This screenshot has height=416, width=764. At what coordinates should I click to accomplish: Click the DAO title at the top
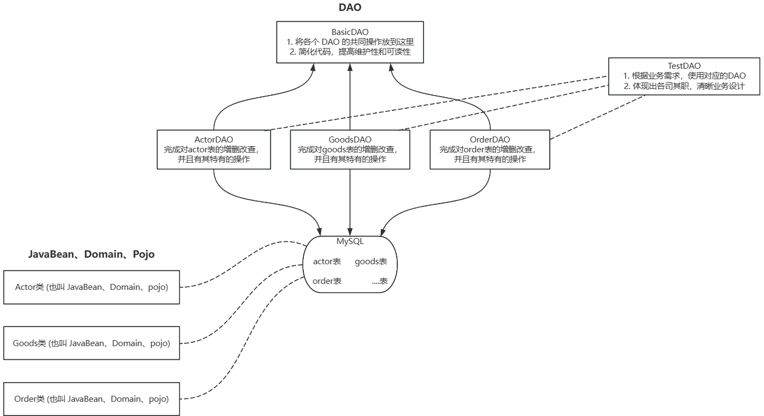click(350, 8)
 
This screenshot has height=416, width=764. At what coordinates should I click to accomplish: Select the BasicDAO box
click(350, 41)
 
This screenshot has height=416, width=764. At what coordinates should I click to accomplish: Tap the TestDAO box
click(684, 76)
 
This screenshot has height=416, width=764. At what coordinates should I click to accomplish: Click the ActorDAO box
click(214, 150)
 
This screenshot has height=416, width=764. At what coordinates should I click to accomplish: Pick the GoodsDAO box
click(350, 150)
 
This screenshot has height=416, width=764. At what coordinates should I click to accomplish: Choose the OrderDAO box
click(490, 150)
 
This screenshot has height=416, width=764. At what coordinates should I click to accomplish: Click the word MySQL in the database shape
click(350, 241)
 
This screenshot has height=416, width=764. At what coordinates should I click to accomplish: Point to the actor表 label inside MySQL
click(327, 262)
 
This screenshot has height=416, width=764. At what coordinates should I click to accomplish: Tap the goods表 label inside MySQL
click(371, 262)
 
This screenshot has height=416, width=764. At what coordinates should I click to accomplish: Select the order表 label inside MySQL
click(327, 281)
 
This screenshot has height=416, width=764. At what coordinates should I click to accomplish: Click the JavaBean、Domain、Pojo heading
click(91, 254)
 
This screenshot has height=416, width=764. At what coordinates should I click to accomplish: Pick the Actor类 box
click(91, 287)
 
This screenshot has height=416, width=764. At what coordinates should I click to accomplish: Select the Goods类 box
click(91, 343)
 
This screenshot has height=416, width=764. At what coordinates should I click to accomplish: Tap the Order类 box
click(91, 399)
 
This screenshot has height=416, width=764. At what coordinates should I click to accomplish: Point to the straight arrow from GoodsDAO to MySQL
click(350, 202)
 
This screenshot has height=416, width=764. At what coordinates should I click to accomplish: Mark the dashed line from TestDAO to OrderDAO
click(579, 117)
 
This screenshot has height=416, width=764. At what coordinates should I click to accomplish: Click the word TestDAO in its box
click(684, 66)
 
